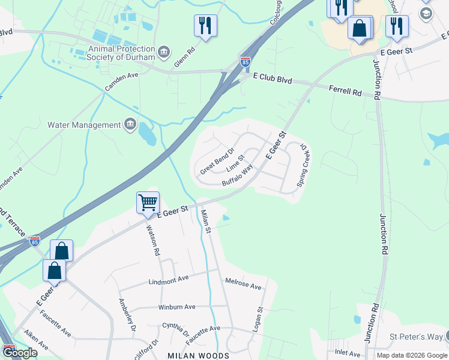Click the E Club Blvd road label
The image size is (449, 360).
point(271,77)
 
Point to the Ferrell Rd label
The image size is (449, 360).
point(346,91)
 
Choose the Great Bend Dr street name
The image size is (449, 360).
point(217,161)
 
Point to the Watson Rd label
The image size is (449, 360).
point(153,240)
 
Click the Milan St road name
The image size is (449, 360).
point(206,223)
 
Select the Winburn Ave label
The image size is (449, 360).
point(176,307)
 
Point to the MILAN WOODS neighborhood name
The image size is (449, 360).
point(198,356)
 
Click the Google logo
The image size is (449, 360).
point(20,353)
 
